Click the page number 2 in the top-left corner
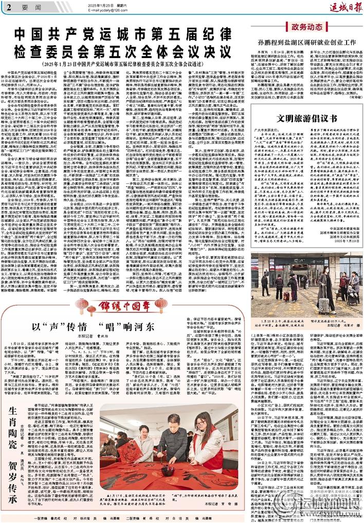pyautogui.click(x=9, y=7)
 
